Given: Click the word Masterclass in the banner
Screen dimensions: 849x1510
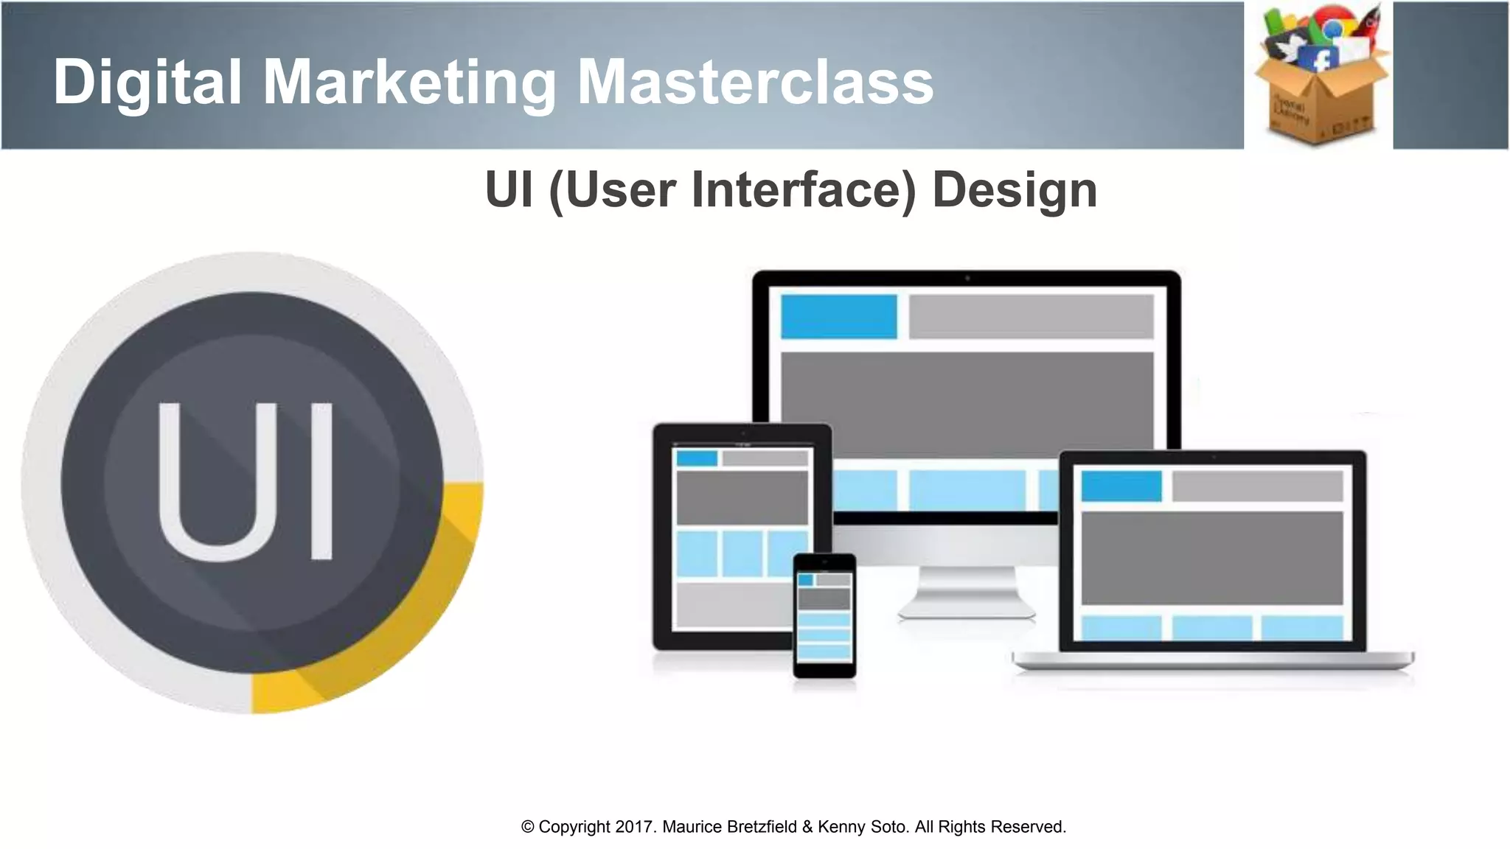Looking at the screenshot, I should [x=755, y=81].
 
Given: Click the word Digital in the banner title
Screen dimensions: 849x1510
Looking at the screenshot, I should [x=147, y=81].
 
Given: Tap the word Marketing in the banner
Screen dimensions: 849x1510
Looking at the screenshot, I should [x=409, y=83].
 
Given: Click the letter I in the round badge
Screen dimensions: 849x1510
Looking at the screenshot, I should [x=321, y=481].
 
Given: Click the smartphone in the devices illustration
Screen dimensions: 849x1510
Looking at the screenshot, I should [x=824, y=615].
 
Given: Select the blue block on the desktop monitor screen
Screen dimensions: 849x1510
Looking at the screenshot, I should [x=838, y=317].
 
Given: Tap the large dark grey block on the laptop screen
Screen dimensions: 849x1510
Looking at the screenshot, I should [x=1211, y=558].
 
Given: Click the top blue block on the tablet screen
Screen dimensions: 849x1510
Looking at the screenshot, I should [x=697, y=458].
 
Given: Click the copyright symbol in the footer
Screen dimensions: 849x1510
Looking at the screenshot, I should [x=527, y=827].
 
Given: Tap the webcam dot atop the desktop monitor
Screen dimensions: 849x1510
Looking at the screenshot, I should [x=967, y=279].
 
